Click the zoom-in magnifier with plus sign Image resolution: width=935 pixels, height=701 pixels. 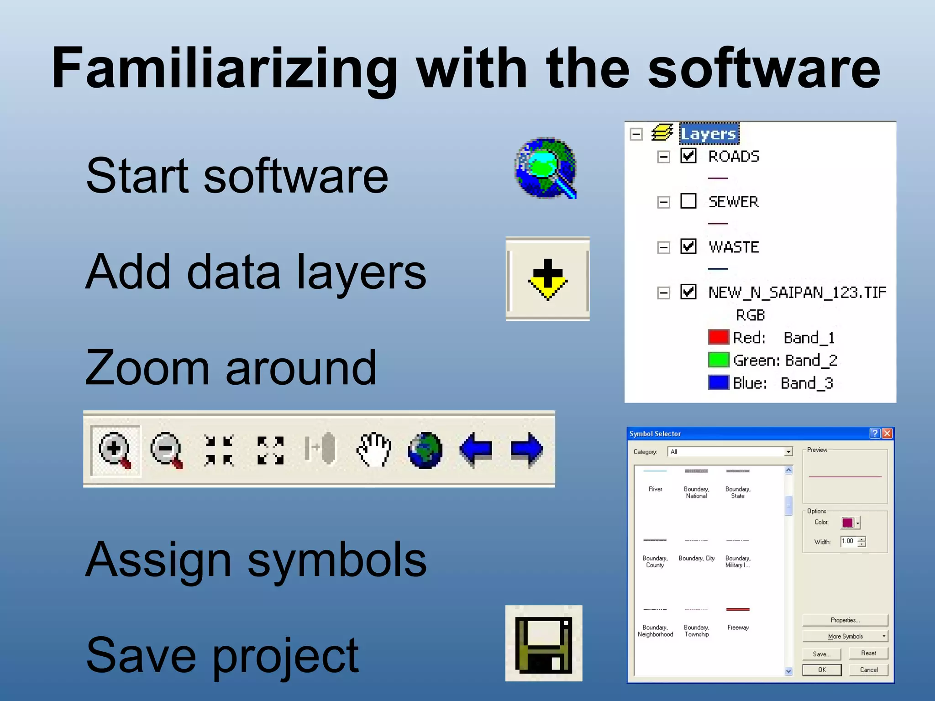(x=115, y=450)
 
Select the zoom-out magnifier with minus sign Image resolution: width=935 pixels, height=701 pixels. (x=167, y=450)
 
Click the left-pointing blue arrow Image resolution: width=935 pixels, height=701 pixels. (x=476, y=450)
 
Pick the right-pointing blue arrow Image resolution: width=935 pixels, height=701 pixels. (x=527, y=450)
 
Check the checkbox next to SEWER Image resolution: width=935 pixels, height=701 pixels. (x=688, y=201)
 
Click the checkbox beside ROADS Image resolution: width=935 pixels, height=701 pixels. (x=688, y=156)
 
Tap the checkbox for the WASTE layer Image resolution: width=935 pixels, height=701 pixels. (x=688, y=246)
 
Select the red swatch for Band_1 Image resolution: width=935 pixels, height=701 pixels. (x=718, y=337)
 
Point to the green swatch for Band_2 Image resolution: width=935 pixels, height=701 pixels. (x=718, y=360)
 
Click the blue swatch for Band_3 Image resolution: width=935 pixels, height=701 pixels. (x=718, y=382)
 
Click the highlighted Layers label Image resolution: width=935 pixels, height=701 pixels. (x=709, y=134)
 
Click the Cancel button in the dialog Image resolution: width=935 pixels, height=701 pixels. (x=868, y=670)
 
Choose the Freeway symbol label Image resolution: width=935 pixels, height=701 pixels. (x=738, y=628)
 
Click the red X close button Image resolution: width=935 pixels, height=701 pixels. (x=887, y=433)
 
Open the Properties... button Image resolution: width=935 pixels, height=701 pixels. (x=845, y=620)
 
